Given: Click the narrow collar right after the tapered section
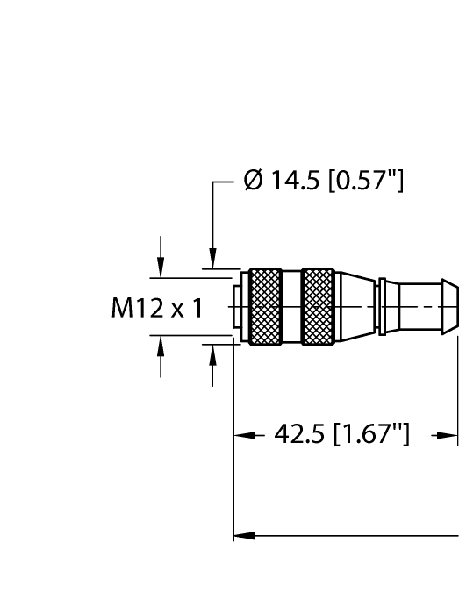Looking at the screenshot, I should coord(382,306).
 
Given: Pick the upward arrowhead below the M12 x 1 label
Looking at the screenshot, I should coord(161,346).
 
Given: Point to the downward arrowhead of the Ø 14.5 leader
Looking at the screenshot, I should coord(212,261).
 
